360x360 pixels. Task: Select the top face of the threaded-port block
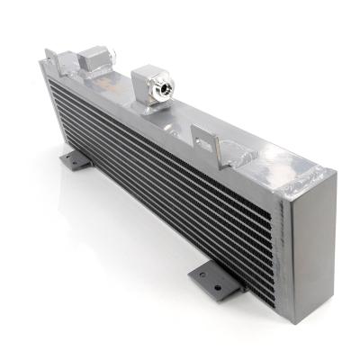149,70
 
